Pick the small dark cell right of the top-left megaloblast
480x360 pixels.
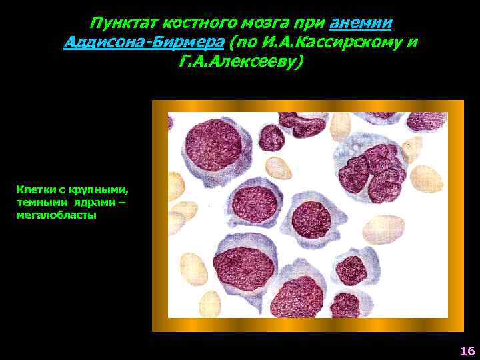[271, 139]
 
